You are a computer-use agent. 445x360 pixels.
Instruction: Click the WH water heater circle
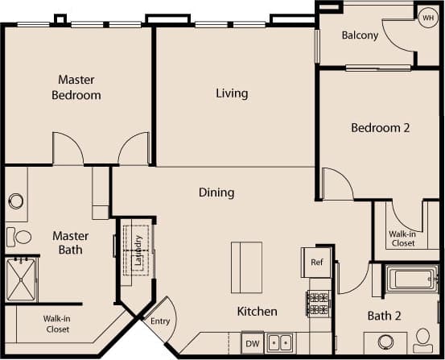(427, 19)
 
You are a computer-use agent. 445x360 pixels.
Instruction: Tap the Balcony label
(360, 35)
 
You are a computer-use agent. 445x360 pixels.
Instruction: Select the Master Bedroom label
(76, 88)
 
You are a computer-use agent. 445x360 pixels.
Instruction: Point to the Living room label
(232, 93)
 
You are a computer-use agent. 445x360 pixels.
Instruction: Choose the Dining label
(216, 192)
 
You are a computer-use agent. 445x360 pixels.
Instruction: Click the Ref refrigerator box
(316, 262)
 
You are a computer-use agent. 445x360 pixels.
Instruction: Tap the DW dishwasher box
(253, 341)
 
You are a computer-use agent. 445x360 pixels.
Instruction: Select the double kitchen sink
(280, 341)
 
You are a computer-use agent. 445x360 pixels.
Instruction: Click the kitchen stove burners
(319, 304)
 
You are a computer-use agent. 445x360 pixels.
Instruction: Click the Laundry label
(138, 250)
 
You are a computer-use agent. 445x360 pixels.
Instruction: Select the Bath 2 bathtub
(412, 279)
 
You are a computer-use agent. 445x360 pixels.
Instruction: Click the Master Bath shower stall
(22, 279)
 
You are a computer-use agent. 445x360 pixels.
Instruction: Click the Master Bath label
(71, 242)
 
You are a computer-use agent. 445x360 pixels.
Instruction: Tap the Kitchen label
(257, 312)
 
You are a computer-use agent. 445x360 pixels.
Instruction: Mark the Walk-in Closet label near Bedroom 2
(402, 238)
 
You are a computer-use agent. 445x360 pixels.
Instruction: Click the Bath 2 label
(384, 316)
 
